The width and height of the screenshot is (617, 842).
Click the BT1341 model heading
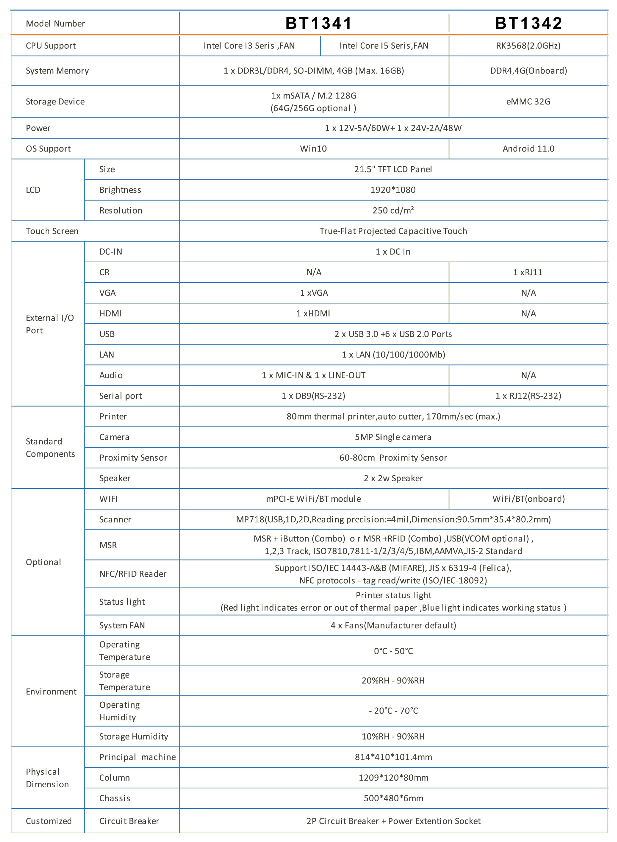point(319,23)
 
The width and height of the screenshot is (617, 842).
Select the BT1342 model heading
point(529,23)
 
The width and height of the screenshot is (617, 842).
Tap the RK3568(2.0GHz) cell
point(528,46)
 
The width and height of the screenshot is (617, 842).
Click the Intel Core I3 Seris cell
point(249,46)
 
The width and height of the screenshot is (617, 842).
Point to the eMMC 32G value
point(528,102)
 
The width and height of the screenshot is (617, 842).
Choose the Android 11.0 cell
point(528,149)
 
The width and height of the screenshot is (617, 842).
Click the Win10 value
point(313,149)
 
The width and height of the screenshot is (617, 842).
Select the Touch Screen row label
point(52,231)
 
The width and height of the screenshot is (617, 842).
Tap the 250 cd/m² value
point(393,211)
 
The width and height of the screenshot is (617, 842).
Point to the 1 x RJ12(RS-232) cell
point(528,396)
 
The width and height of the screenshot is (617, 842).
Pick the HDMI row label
point(111,313)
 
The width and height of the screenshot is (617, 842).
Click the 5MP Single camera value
point(393,437)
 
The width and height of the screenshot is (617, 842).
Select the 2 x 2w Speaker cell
point(393,478)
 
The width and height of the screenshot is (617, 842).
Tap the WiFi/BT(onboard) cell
point(529,499)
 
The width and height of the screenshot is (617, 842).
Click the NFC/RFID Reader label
point(133,574)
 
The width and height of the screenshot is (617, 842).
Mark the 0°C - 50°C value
point(393,651)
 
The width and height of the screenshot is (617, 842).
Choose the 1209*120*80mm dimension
point(393,778)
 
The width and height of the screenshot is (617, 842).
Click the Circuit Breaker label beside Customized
point(129,821)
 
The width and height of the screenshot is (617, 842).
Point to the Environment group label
point(51,692)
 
